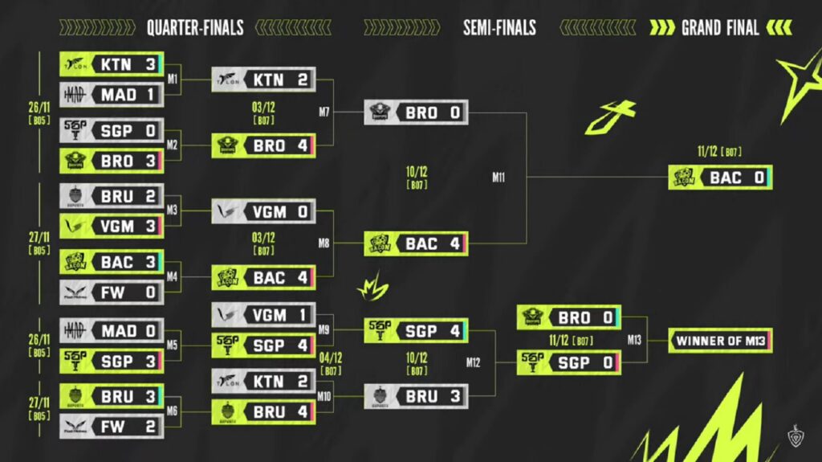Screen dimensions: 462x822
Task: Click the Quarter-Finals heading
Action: (x=195, y=28)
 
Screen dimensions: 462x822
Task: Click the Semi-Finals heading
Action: (x=499, y=28)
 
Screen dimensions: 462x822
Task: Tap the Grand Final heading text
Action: (x=720, y=28)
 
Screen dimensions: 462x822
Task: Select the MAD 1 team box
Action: (x=112, y=95)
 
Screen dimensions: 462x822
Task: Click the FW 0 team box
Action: (x=112, y=292)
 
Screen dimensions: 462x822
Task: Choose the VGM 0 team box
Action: (x=263, y=211)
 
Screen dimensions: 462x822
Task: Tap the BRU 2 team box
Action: (x=112, y=195)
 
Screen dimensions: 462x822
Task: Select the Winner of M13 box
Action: (x=720, y=340)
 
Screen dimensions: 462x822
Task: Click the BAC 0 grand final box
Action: (x=720, y=178)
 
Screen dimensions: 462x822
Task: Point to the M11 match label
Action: (x=499, y=178)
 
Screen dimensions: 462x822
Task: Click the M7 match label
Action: (x=324, y=112)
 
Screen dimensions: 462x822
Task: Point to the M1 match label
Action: (x=173, y=80)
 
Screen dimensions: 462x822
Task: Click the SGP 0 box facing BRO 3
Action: (x=112, y=129)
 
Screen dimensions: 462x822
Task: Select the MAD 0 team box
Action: (x=112, y=330)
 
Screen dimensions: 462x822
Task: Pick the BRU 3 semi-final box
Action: (x=416, y=396)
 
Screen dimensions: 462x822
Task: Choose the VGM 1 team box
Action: (x=263, y=315)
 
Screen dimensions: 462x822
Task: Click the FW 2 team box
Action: (x=112, y=427)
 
